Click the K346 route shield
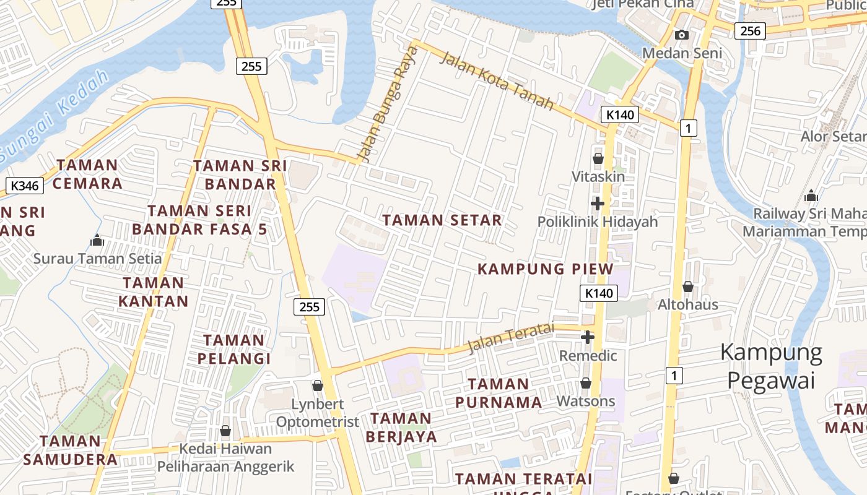25,185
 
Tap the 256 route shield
750,30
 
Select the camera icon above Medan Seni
682,35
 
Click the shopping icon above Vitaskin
598,158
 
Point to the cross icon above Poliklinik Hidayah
598,203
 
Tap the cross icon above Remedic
588,337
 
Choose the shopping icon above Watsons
586,384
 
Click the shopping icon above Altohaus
687,286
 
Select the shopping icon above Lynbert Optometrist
318,385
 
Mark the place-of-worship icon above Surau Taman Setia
97,239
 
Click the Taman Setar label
442,220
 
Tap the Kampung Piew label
545,269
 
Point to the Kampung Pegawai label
771,366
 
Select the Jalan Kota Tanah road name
496,81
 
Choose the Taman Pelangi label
234,349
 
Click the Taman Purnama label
499,393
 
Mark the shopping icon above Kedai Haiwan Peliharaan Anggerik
225,431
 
